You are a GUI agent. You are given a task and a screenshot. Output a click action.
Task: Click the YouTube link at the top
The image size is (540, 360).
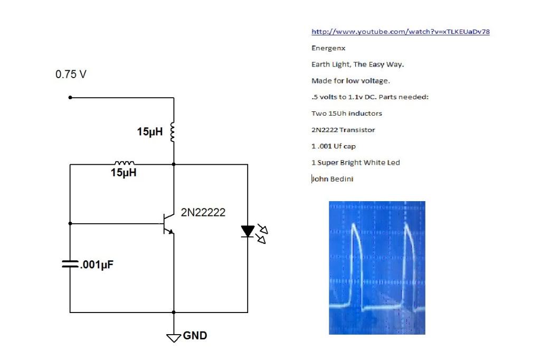(x=401, y=32)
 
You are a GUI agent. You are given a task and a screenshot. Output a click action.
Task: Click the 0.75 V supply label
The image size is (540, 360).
(x=71, y=74)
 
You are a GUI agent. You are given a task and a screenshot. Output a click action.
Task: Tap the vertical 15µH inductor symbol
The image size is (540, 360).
(x=173, y=131)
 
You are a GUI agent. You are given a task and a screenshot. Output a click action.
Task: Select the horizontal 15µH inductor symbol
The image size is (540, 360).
(x=125, y=163)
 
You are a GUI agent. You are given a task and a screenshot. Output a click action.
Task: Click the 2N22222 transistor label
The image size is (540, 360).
(x=203, y=212)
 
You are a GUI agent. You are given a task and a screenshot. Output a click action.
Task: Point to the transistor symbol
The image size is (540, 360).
(x=168, y=224)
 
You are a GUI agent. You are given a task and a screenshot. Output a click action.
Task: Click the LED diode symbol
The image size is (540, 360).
(x=248, y=231)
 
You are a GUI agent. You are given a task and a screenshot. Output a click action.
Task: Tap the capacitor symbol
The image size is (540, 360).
(x=70, y=264)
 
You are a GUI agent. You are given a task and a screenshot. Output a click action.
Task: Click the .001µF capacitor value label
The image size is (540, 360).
(x=97, y=264)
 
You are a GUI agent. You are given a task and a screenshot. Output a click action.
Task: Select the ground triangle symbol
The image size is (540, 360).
(x=174, y=338)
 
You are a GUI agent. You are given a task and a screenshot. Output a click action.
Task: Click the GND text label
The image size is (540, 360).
(x=195, y=336)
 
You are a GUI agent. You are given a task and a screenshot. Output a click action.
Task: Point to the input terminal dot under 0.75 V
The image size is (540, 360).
(x=70, y=98)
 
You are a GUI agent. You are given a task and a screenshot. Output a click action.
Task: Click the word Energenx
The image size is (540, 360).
(x=328, y=48)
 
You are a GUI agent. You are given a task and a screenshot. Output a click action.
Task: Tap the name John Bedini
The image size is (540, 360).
(x=333, y=179)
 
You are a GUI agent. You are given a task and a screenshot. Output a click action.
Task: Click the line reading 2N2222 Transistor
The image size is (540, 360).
(x=343, y=130)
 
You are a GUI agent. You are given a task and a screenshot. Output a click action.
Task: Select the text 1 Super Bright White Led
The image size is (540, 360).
(x=356, y=163)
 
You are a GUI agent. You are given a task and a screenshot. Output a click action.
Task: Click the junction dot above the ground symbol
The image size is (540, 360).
(x=174, y=312)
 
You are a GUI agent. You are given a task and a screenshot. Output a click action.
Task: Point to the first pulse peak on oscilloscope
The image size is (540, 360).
(x=354, y=225)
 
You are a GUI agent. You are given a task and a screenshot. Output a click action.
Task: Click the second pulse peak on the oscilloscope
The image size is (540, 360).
(x=407, y=225)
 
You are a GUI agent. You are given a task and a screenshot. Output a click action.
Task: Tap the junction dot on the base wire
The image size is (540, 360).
(x=70, y=224)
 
